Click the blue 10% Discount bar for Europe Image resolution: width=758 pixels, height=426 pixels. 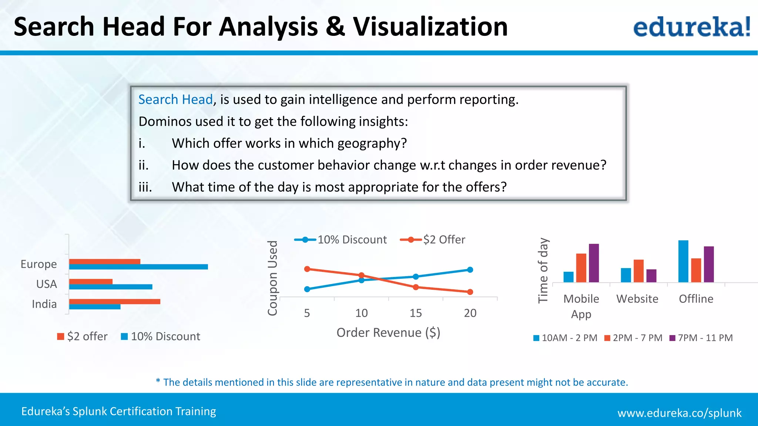(x=138, y=267)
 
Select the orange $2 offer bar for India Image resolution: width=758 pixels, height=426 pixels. (x=115, y=302)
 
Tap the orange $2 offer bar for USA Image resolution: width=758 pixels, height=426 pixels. (x=91, y=281)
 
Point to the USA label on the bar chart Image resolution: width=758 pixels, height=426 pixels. (x=47, y=284)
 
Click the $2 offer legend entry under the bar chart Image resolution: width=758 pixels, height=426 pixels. (x=82, y=337)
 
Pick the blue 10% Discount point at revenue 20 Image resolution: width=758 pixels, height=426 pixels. (x=470, y=270)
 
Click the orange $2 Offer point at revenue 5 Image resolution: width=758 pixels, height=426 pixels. (x=307, y=269)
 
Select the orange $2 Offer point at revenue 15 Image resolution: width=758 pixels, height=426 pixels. (x=416, y=287)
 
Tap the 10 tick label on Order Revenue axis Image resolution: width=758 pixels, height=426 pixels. (x=361, y=313)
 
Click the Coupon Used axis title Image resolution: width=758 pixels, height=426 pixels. (x=273, y=278)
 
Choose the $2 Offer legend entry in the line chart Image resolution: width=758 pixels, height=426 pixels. (x=433, y=240)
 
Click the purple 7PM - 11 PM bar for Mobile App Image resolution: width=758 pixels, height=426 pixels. (x=594, y=263)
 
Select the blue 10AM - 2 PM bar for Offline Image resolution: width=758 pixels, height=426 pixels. (x=683, y=261)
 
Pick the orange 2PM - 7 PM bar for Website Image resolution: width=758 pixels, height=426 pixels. (x=638, y=271)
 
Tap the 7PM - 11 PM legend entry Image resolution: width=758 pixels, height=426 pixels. (x=701, y=338)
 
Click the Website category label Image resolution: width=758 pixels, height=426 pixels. (x=637, y=299)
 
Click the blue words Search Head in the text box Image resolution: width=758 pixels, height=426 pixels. (x=175, y=99)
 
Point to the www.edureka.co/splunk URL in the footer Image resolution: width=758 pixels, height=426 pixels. (x=680, y=413)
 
